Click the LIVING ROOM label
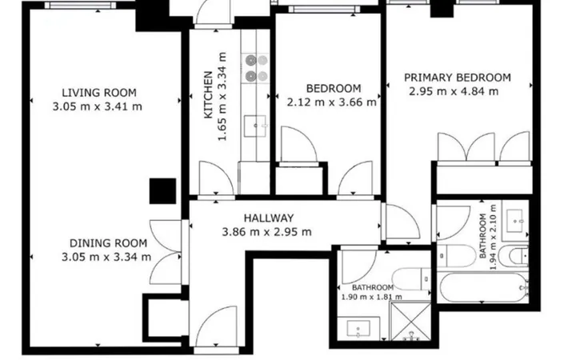(99, 93)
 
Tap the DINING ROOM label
(108, 243)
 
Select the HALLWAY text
(269, 218)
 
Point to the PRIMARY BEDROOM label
(458, 78)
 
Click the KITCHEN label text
(208, 94)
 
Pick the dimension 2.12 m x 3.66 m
(331, 102)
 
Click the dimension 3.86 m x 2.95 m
(266, 232)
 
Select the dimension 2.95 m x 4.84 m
(454, 91)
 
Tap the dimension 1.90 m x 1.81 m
(372, 297)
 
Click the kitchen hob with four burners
(256, 68)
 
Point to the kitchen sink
(256, 126)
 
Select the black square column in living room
(162, 191)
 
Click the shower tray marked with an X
(410, 321)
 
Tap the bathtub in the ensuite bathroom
(482, 287)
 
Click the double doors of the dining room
(166, 252)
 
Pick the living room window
(81, 5)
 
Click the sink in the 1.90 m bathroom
(358, 329)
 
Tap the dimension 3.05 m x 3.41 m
(98, 107)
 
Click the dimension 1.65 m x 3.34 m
(222, 97)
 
